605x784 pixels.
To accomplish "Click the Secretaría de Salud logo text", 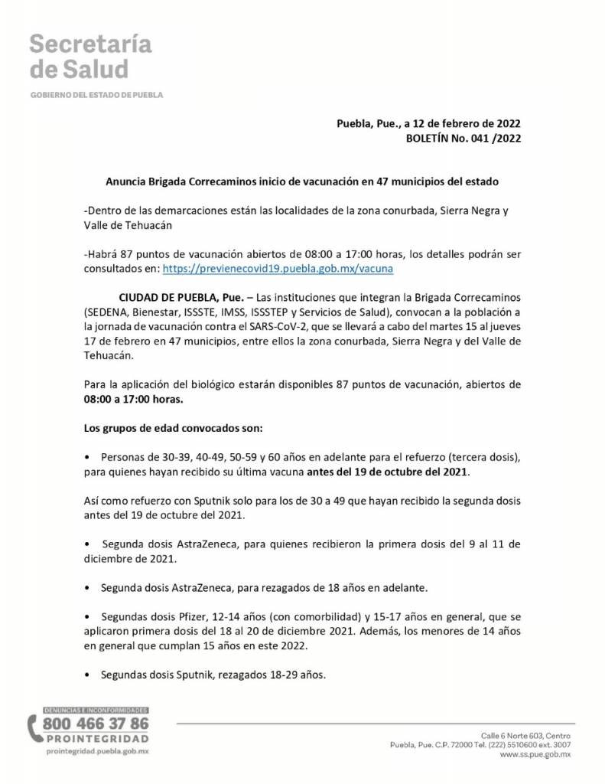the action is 90,57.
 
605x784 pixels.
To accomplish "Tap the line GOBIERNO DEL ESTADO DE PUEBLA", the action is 96,96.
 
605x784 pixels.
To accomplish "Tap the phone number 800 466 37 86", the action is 96,724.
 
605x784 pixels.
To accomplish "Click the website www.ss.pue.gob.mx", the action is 535,754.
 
